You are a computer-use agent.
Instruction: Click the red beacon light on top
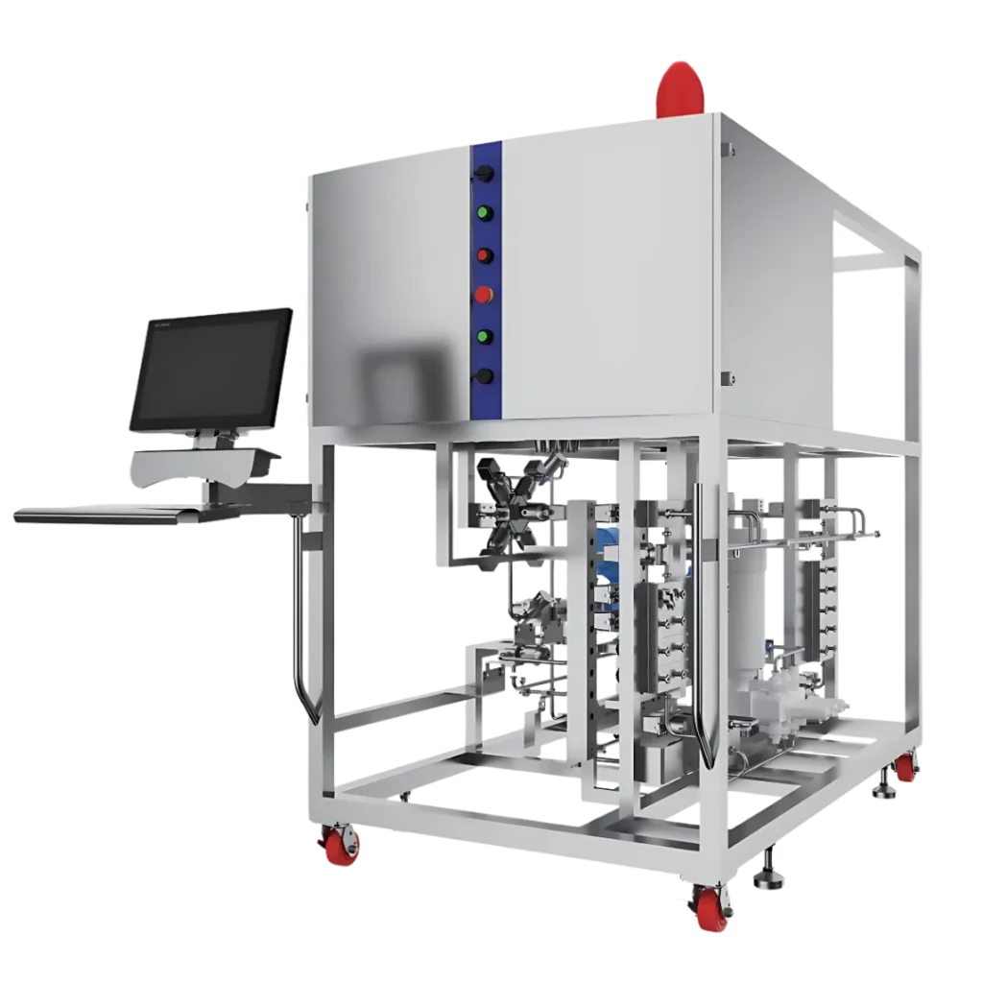click(x=681, y=88)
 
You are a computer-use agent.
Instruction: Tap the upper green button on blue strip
click(x=485, y=213)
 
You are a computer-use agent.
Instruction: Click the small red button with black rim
click(x=484, y=255)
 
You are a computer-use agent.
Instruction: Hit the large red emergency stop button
click(x=483, y=295)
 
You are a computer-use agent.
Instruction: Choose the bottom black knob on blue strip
click(x=484, y=376)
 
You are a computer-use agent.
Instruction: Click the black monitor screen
click(x=210, y=368)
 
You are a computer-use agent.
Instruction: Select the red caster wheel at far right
click(x=904, y=768)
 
